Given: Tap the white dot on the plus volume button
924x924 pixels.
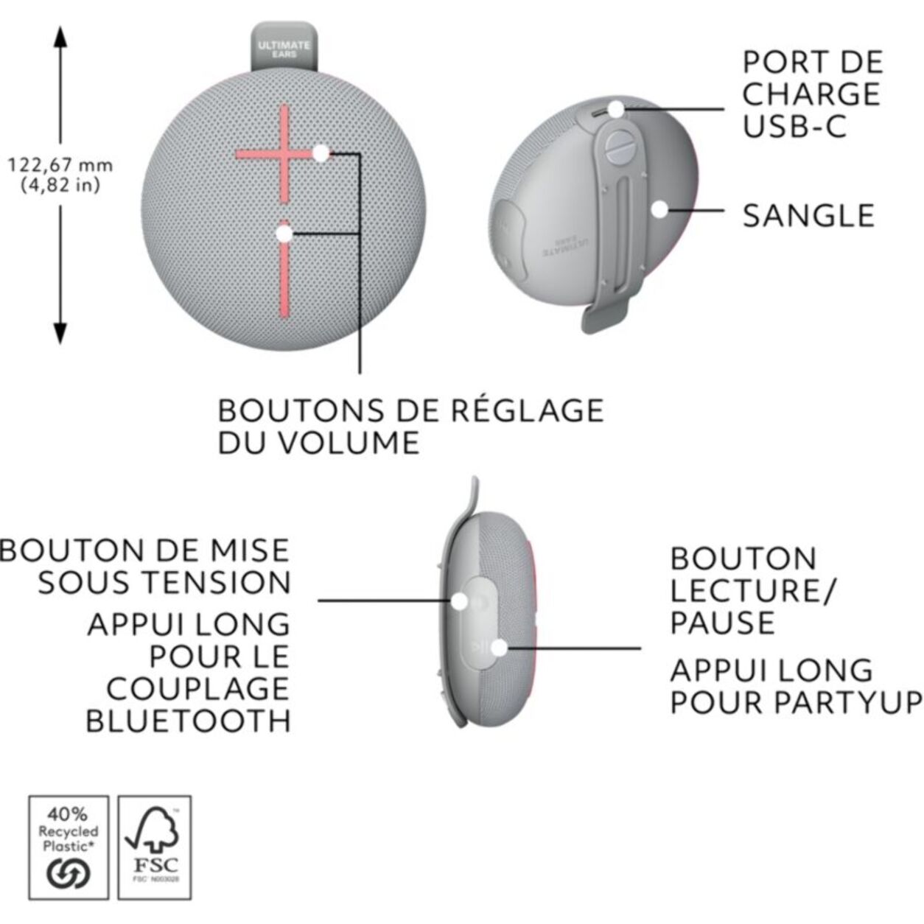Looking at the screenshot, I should coord(321,153).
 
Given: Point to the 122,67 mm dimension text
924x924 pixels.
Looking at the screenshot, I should coord(60,165).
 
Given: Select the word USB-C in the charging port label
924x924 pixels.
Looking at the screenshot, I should coord(794,127).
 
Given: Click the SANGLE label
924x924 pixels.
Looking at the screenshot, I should coord(808,216).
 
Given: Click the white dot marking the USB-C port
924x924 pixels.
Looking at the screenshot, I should coord(616,109).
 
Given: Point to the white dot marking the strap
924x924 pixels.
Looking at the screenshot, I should coord(659,209).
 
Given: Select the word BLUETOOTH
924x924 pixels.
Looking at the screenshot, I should coord(189,721).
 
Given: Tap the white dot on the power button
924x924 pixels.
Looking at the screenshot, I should coord(459,601).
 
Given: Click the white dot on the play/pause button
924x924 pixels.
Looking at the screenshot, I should coord(499,648).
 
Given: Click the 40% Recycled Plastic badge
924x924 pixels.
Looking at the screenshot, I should coord(68,847).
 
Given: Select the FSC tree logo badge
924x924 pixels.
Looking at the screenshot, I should coord(155,847).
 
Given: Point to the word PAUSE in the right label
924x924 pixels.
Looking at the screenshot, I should coord(722,623).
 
